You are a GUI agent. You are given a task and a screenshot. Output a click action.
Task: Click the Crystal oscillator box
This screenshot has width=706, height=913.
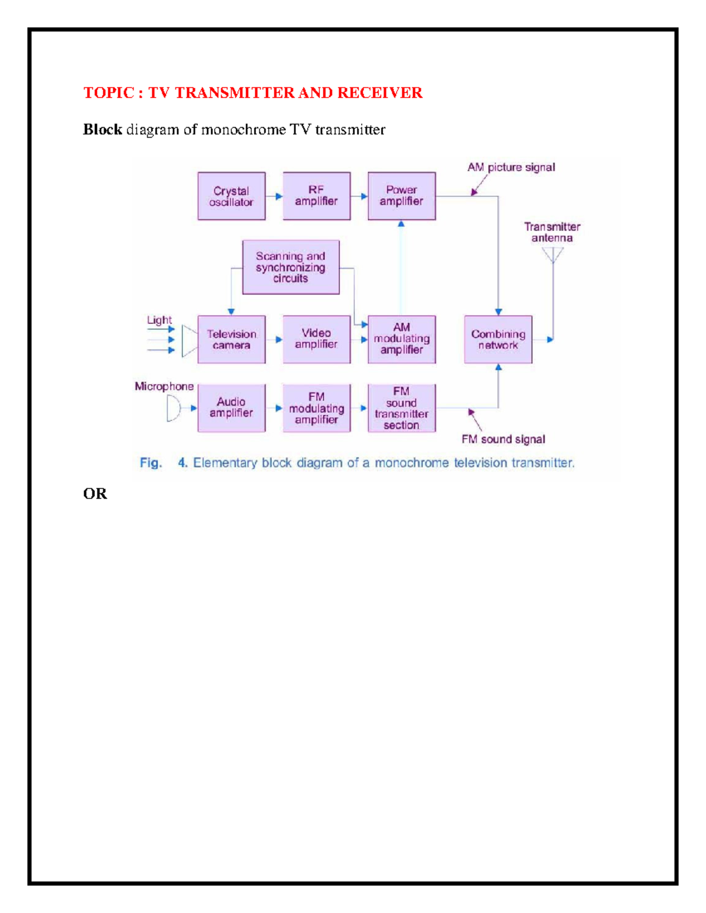pyautogui.click(x=231, y=196)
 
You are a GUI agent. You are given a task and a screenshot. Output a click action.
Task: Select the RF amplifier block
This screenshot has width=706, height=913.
pyautogui.click(x=317, y=196)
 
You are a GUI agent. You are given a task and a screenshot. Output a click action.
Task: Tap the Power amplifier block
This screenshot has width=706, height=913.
pyautogui.click(x=402, y=196)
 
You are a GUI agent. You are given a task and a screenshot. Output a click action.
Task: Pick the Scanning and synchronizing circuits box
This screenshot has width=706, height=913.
pyautogui.click(x=291, y=267)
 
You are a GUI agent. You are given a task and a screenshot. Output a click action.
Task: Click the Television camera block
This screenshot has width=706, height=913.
pyautogui.click(x=231, y=339)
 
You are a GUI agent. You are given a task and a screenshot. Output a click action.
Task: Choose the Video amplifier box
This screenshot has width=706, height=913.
pyautogui.click(x=317, y=339)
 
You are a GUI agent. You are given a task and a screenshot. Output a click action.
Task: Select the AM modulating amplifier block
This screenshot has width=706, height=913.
pyautogui.click(x=402, y=339)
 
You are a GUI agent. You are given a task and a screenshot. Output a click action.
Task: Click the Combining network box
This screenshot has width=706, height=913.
pyautogui.click(x=498, y=339)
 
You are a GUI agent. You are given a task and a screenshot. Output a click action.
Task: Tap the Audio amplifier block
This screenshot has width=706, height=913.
pyautogui.click(x=231, y=408)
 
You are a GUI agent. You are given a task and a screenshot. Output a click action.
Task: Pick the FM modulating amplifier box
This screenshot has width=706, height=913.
pyautogui.click(x=317, y=408)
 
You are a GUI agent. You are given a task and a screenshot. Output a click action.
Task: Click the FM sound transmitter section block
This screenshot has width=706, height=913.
pyautogui.click(x=402, y=408)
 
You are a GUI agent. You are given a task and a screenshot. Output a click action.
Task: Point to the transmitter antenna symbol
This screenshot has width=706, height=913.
pyautogui.click(x=553, y=255)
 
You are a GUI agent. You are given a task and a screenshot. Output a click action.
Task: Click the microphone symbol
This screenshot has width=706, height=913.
pyautogui.click(x=173, y=408)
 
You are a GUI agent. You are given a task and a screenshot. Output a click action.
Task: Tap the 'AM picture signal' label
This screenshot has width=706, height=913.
pyautogui.click(x=511, y=168)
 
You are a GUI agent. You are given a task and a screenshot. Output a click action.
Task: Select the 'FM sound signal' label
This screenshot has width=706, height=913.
pyautogui.click(x=503, y=439)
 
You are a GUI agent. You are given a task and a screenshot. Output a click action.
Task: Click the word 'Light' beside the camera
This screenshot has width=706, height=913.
pyautogui.click(x=159, y=320)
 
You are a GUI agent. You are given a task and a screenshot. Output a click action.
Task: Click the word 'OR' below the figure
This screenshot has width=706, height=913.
pyautogui.click(x=95, y=494)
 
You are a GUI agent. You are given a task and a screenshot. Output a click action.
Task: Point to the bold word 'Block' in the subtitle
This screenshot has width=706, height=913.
pyautogui.click(x=102, y=130)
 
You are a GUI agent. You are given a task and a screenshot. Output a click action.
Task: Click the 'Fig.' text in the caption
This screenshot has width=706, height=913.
pyautogui.click(x=151, y=463)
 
